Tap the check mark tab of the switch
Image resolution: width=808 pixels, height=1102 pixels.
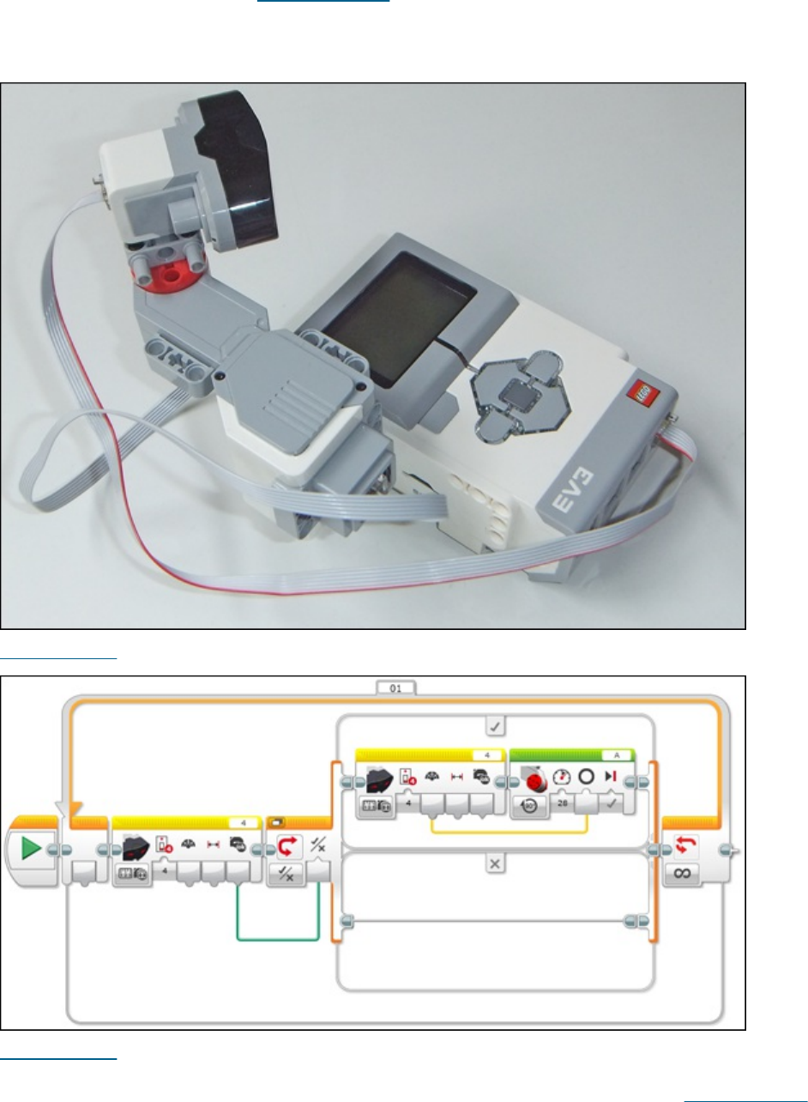494,726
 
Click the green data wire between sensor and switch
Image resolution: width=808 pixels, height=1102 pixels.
277,939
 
